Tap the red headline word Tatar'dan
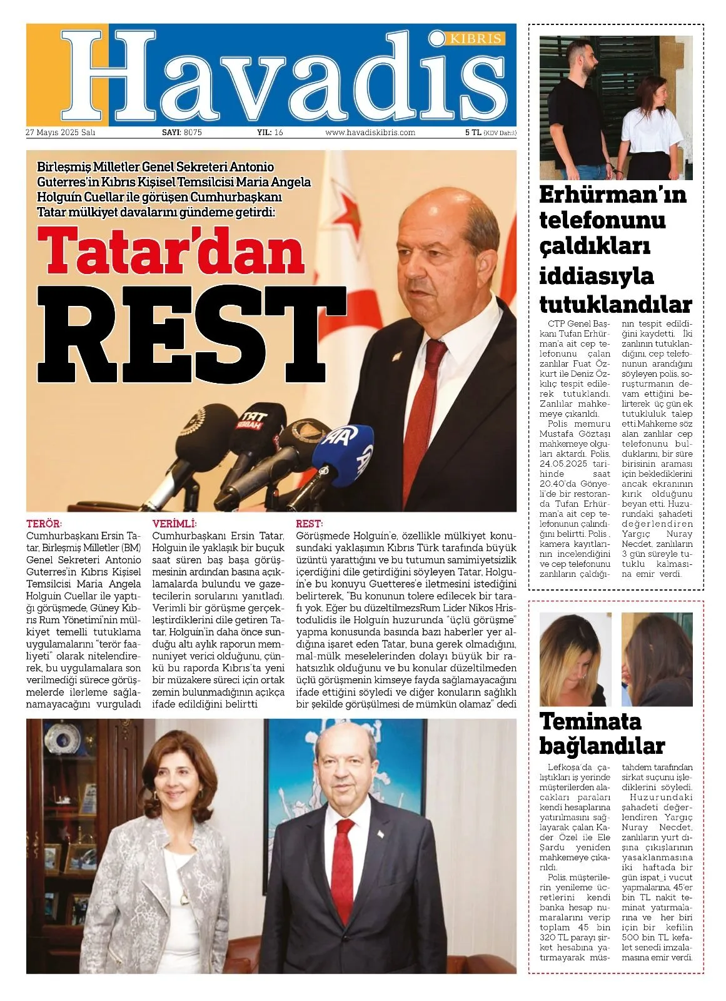pos(171,252)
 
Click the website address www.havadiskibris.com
pos(370,133)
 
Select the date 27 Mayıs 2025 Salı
pos(60,133)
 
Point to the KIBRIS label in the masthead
pos(475,39)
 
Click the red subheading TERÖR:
pos(44,524)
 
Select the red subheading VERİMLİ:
pos(174,524)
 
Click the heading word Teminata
pos(590,721)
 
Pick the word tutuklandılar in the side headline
pos(615,305)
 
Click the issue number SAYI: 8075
pos(182,133)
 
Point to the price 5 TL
pos(473,133)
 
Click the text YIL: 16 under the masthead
pos(270,133)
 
